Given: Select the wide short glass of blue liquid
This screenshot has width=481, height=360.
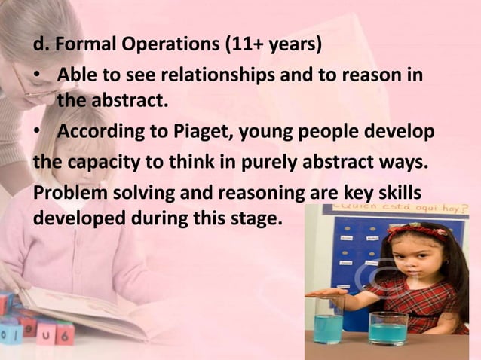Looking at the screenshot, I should point(388,328).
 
